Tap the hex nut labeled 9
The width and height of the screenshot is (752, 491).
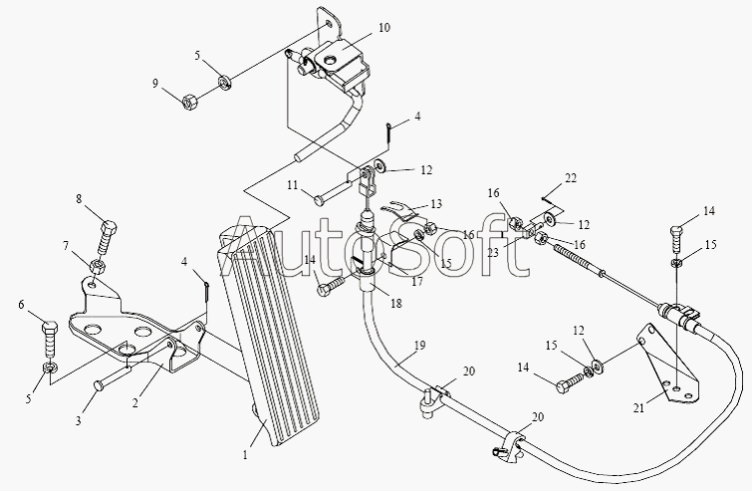pyautogui.click(x=190, y=100)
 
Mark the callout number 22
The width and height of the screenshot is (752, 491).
pyautogui.click(x=570, y=178)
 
